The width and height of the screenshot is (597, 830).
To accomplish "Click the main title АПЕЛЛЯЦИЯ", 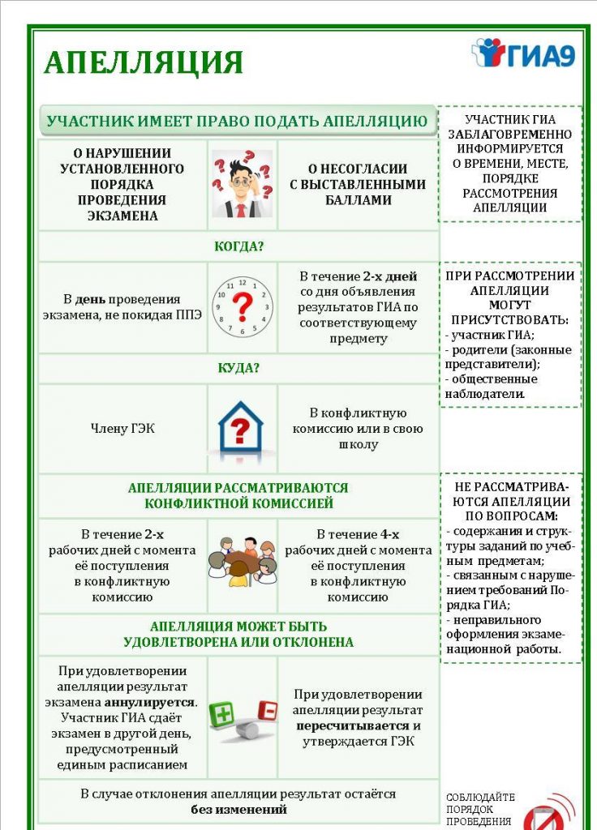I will pyautogui.click(x=143, y=62).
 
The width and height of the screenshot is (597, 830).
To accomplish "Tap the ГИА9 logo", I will pyautogui.click(x=523, y=53).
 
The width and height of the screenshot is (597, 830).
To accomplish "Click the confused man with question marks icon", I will pyautogui.click(x=242, y=184).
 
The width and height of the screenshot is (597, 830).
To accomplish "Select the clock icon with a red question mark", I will pyautogui.click(x=242, y=307).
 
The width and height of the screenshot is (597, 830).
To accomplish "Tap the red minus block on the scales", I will pyautogui.click(x=266, y=711).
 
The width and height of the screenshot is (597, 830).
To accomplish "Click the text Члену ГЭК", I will pyautogui.click(x=122, y=429).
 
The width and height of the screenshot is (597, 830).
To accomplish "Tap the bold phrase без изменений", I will pyautogui.click(x=239, y=810).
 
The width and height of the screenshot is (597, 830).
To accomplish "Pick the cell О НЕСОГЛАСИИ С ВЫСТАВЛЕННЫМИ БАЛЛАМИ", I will pyautogui.click(x=358, y=184).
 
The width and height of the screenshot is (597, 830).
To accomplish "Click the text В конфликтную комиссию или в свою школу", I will pyautogui.click(x=358, y=429).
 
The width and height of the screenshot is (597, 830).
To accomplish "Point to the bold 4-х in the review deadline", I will pyautogui.click(x=389, y=534).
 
